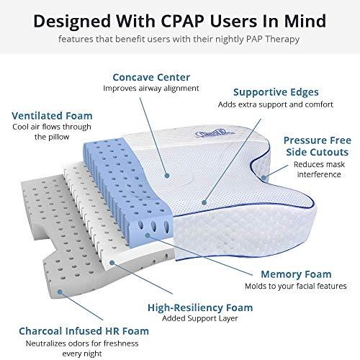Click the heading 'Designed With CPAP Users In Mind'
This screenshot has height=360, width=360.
pyautogui.click(x=180, y=18)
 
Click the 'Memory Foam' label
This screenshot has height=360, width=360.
pyautogui.click(x=287, y=274)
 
